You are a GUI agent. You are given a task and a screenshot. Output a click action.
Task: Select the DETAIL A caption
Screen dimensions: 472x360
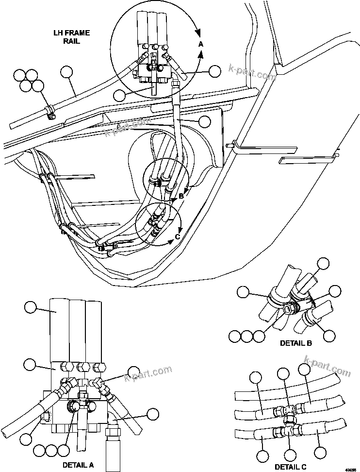[78, 465]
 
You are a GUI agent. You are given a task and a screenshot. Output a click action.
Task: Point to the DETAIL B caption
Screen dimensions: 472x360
[296, 343]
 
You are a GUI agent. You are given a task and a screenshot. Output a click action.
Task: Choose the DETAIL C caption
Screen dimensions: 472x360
[291, 467]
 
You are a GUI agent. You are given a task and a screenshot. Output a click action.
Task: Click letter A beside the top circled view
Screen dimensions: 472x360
[201, 44]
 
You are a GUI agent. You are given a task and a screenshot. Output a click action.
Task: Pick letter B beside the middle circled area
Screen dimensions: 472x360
[181, 196]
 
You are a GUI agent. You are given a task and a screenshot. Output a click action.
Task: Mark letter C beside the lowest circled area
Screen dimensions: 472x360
[178, 236]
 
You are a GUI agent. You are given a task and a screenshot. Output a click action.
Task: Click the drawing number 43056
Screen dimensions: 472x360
[351, 469]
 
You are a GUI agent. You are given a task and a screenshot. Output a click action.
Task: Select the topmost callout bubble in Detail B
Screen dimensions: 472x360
[323, 264]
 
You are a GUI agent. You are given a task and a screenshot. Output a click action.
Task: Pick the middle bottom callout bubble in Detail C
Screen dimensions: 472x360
[290, 455]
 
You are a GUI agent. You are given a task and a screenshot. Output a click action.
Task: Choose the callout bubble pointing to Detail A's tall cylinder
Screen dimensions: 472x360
[30, 307]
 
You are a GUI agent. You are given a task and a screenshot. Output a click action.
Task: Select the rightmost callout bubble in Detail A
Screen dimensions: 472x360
[153, 414]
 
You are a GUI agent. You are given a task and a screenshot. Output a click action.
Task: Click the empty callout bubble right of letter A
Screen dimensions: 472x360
[215, 71]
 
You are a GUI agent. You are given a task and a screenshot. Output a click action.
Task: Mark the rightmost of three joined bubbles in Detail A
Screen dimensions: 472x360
[65, 449]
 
